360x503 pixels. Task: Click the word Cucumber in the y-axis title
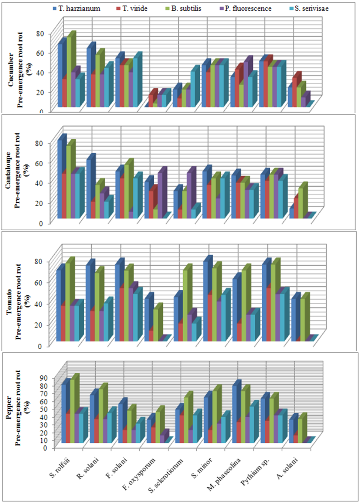tap(11, 70)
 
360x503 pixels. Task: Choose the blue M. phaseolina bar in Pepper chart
tap(234, 414)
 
